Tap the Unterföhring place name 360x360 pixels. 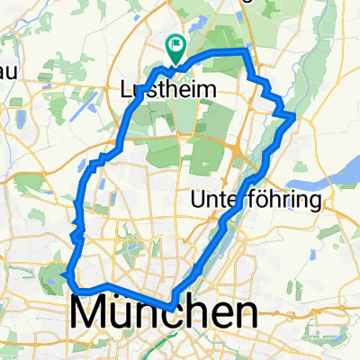(257, 200)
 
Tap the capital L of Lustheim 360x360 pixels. (126, 90)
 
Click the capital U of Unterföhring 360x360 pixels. (200, 200)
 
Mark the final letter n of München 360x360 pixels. (245, 315)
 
